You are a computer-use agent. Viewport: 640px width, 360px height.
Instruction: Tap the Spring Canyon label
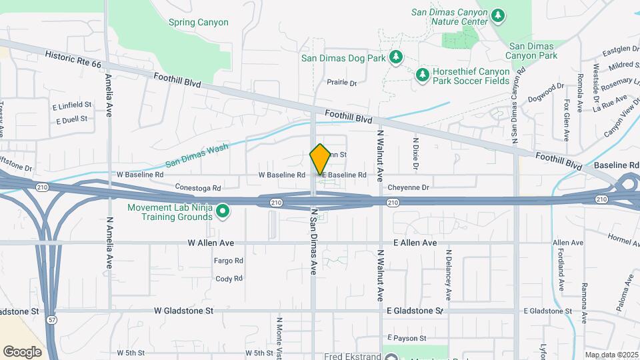tap(198, 23)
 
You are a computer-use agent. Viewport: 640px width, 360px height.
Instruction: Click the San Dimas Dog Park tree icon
tap(396, 57)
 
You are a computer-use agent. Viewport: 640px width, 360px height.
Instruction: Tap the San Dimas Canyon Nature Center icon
tap(497, 15)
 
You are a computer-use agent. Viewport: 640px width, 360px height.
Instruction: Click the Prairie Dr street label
tap(342, 83)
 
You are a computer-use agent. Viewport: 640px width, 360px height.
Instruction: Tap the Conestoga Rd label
tap(197, 187)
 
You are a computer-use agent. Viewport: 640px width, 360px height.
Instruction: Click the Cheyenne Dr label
tap(426, 187)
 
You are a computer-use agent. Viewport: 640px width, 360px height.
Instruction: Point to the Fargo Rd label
tap(228, 261)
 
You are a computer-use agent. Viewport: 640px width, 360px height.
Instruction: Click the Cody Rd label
tap(229, 279)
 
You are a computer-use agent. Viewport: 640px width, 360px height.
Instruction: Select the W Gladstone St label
tap(183, 311)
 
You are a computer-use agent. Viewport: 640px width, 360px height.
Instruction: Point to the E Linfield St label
tap(71, 105)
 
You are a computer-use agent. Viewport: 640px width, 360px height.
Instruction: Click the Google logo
tap(22, 351)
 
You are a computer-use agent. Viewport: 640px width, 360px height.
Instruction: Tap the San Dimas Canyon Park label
tap(533, 51)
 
